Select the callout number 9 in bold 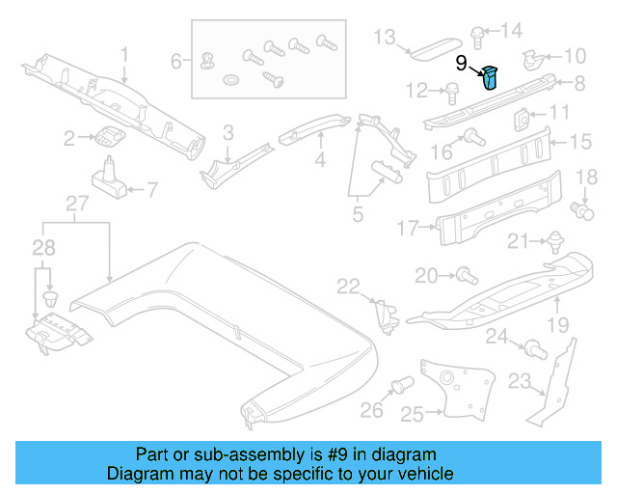[461, 64]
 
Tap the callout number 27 [76, 204]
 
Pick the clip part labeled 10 [532, 60]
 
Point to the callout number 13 [385, 38]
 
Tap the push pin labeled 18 [580, 207]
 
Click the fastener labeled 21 [555, 239]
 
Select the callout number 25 [412, 415]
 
